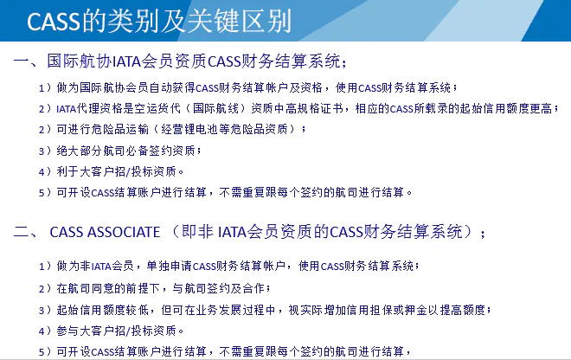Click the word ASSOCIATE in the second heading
(x=125, y=233)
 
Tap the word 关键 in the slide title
(x=213, y=21)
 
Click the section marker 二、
(x=25, y=233)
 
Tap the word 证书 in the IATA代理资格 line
(x=331, y=108)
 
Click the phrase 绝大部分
(x=80, y=151)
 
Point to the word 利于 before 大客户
(x=67, y=171)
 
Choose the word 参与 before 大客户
(x=67, y=331)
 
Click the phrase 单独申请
(x=170, y=266)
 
